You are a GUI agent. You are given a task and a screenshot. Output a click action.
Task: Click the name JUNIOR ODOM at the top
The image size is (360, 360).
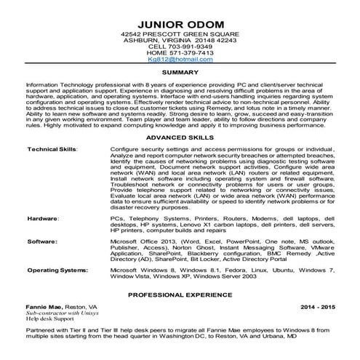coord(180,20)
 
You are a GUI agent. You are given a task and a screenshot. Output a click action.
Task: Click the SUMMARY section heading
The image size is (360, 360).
coord(180,73)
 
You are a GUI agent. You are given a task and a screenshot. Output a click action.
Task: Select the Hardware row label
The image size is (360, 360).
coord(42,218)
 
